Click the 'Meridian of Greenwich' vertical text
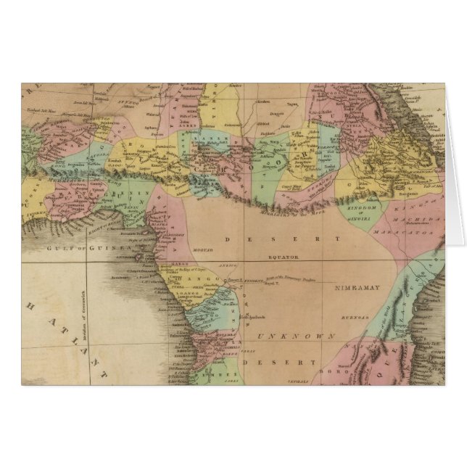(83, 299)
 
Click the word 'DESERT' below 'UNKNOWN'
(280, 360)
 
